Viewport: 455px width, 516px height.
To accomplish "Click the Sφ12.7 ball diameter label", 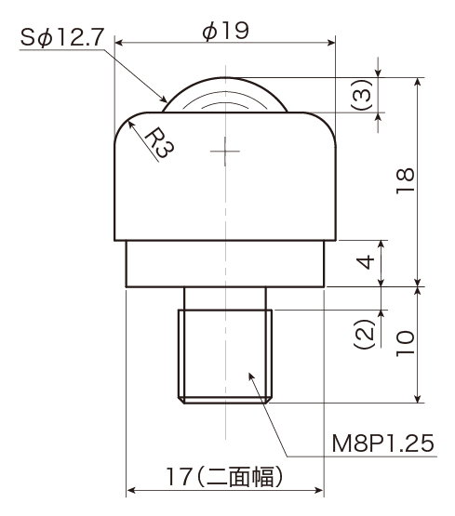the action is pos(62,37).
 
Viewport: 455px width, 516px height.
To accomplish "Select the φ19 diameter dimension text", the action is pos(225,31).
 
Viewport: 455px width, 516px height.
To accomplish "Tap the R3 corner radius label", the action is pos(159,142).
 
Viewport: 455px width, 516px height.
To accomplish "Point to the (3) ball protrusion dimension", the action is pos(362,95).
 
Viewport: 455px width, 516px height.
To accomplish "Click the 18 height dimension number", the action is pos(405,180).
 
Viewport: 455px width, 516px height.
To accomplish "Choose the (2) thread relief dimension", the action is pos(365,334).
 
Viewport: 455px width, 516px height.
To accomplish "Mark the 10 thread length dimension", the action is pos(405,343).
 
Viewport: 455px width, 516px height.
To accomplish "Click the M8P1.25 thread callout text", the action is pos(383,443).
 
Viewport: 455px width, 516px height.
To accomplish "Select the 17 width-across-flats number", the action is pos(180,477).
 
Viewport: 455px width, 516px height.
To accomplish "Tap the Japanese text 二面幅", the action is pos(240,477).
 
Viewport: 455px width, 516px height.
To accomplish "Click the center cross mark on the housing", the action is pos(225,152).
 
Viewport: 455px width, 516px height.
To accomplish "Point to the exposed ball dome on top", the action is pos(225,95).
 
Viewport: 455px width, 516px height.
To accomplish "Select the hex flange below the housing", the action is pos(225,264).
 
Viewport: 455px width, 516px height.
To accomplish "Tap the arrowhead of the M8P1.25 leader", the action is pos(251,377).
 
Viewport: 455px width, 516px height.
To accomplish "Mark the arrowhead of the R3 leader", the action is pos(130,124).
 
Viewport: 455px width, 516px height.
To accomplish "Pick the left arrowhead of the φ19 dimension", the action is pos(119,43).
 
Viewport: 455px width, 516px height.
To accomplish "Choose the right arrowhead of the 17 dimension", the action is pos(319,490).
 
